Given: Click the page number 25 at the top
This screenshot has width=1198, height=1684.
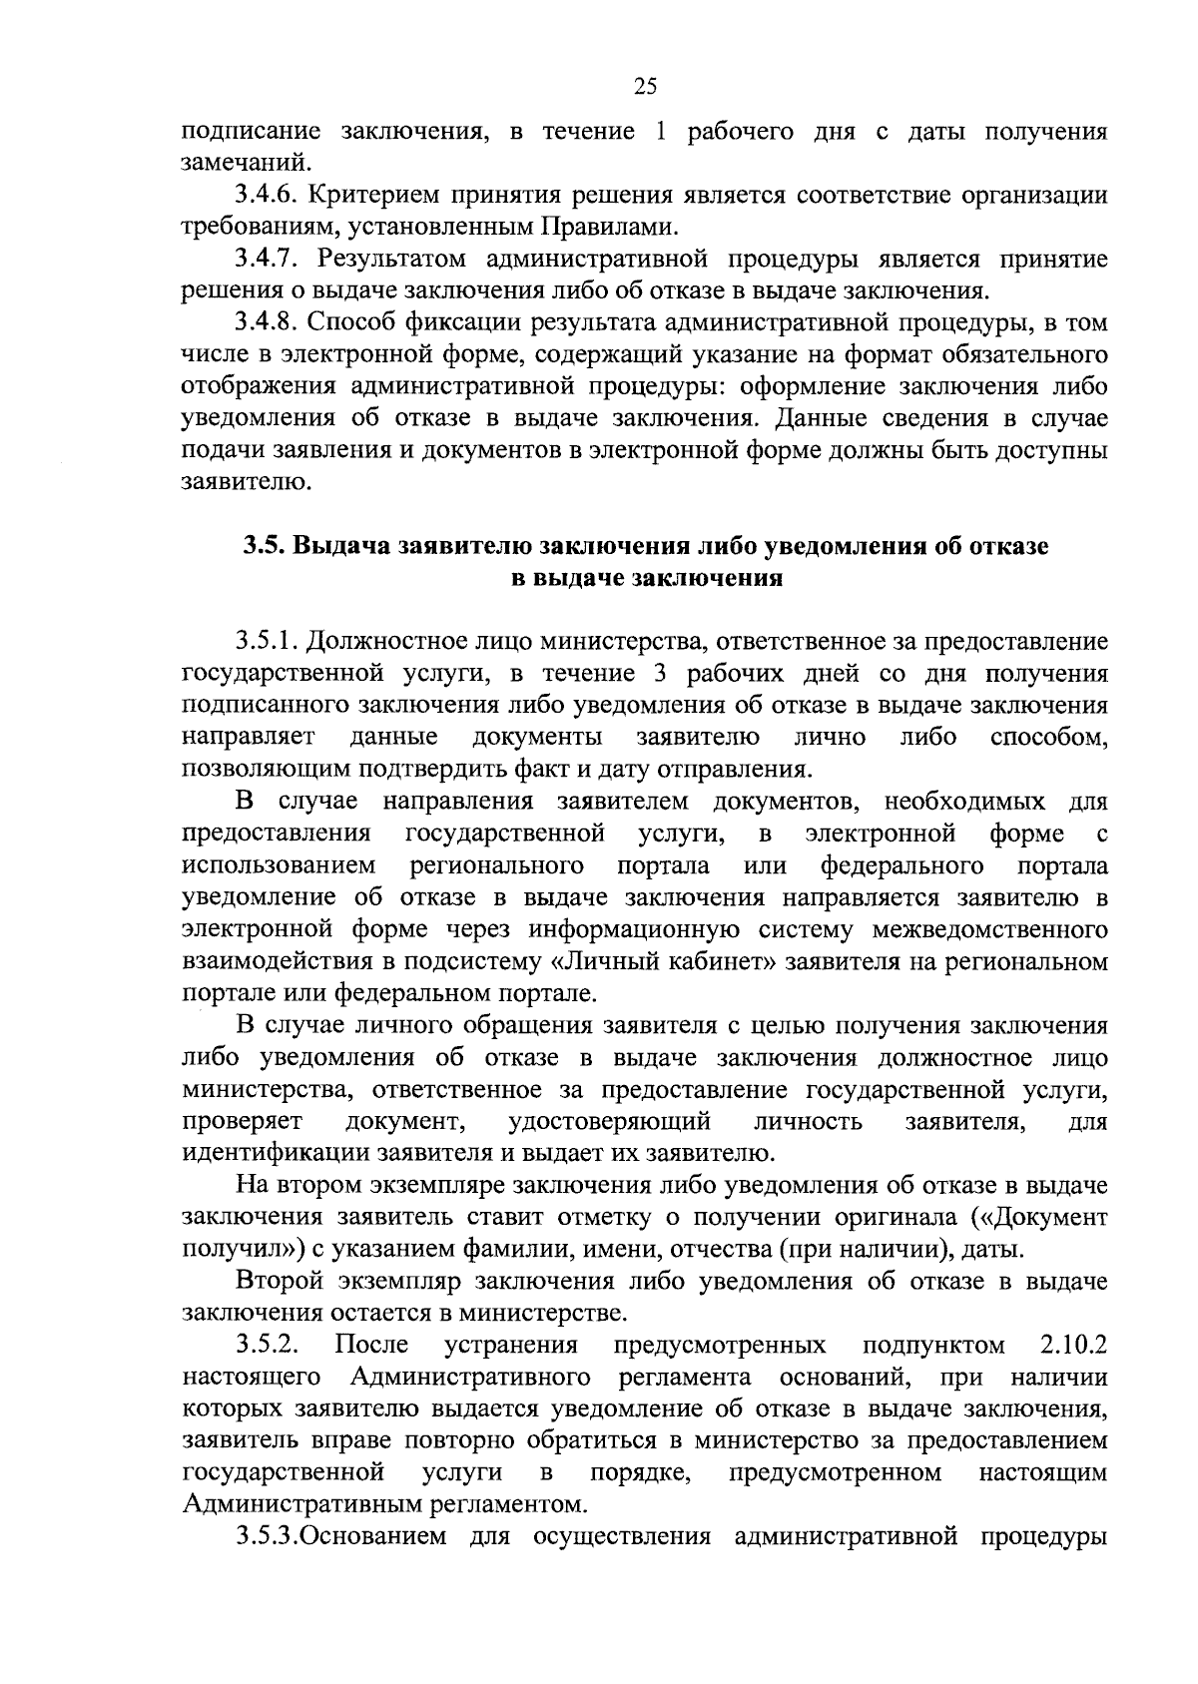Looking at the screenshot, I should (x=645, y=87).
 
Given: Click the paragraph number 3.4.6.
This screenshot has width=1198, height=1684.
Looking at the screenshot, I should (x=267, y=195).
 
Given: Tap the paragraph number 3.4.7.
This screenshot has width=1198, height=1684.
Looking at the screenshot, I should (x=267, y=260).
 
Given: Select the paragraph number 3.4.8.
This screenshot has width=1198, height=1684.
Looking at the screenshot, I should (x=267, y=323).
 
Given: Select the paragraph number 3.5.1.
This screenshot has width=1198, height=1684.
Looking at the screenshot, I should (x=267, y=640).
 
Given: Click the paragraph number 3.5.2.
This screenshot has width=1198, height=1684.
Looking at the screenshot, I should (x=267, y=1345).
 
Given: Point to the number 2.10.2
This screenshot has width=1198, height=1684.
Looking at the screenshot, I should (x=1073, y=1345).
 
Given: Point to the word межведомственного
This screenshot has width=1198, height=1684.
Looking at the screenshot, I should (x=990, y=930).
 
